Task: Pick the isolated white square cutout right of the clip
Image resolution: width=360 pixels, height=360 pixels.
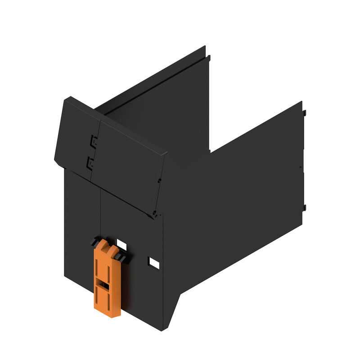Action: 154,262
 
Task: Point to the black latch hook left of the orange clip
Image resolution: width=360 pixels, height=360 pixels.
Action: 94,243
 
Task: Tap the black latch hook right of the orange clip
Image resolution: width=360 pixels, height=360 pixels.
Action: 122,256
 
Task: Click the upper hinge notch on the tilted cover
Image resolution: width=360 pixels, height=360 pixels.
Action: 94,140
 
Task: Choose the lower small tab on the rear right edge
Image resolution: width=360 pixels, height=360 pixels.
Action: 305,208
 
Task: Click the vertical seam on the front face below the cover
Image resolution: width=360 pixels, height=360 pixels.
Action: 100,211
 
